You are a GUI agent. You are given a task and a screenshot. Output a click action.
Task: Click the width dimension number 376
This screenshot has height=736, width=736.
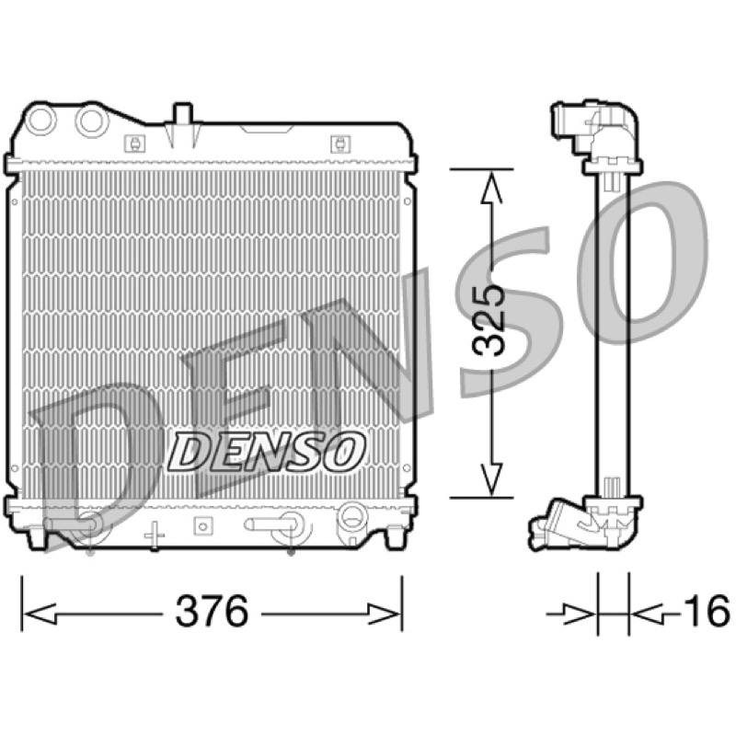[x=212, y=612]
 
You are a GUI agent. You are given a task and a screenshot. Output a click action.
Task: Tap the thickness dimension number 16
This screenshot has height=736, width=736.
[x=707, y=611]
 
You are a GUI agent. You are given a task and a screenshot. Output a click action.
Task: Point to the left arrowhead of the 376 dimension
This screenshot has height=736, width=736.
[x=40, y=613]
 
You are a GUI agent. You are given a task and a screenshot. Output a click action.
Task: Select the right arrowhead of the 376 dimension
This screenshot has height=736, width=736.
[x=384, y=613]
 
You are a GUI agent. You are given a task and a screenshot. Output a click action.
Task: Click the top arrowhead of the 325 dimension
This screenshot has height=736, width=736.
[x=491, y=187]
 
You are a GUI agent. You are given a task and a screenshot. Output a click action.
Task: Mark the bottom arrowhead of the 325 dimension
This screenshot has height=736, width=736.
[x=491, y=479]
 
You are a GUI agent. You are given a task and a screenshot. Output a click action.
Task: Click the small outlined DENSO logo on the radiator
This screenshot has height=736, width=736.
[x=266, y=452]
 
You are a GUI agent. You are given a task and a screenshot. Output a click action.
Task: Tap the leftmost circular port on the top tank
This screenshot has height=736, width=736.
[x=40, y=120]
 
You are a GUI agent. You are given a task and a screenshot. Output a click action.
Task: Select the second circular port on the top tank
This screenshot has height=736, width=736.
[x=91, y=121]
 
